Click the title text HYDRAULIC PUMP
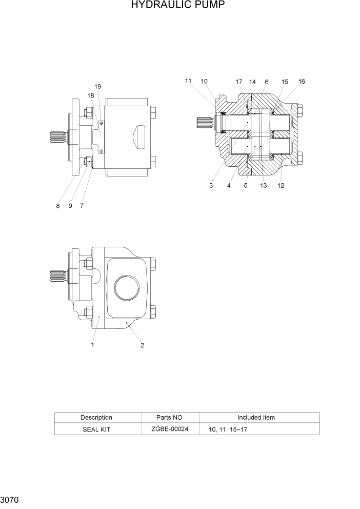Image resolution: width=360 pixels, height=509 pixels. point(177,6)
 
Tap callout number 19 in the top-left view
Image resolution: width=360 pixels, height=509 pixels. point(97,86)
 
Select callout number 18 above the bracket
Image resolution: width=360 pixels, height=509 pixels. point(91,95)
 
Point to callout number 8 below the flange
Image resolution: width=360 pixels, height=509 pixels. point(58,206)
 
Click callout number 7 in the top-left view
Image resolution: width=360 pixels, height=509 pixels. point(82,206)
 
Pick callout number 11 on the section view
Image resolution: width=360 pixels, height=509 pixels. point(188,81)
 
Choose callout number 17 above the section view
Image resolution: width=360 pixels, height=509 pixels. point(239,82)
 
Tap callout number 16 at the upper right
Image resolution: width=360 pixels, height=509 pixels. point(301,82)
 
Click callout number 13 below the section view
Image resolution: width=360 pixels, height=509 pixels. point(263,186)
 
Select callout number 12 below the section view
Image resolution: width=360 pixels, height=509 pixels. point(281,186)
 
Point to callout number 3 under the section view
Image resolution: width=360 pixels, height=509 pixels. point(211,186)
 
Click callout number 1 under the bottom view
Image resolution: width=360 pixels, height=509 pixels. point(92,345)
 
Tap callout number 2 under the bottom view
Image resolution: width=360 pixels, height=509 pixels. point(142,345)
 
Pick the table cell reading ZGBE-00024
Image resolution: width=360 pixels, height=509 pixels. point(170,428)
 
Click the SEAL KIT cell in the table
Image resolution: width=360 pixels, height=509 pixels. point(96,429)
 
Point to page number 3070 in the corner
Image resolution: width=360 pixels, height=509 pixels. point(10,499)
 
